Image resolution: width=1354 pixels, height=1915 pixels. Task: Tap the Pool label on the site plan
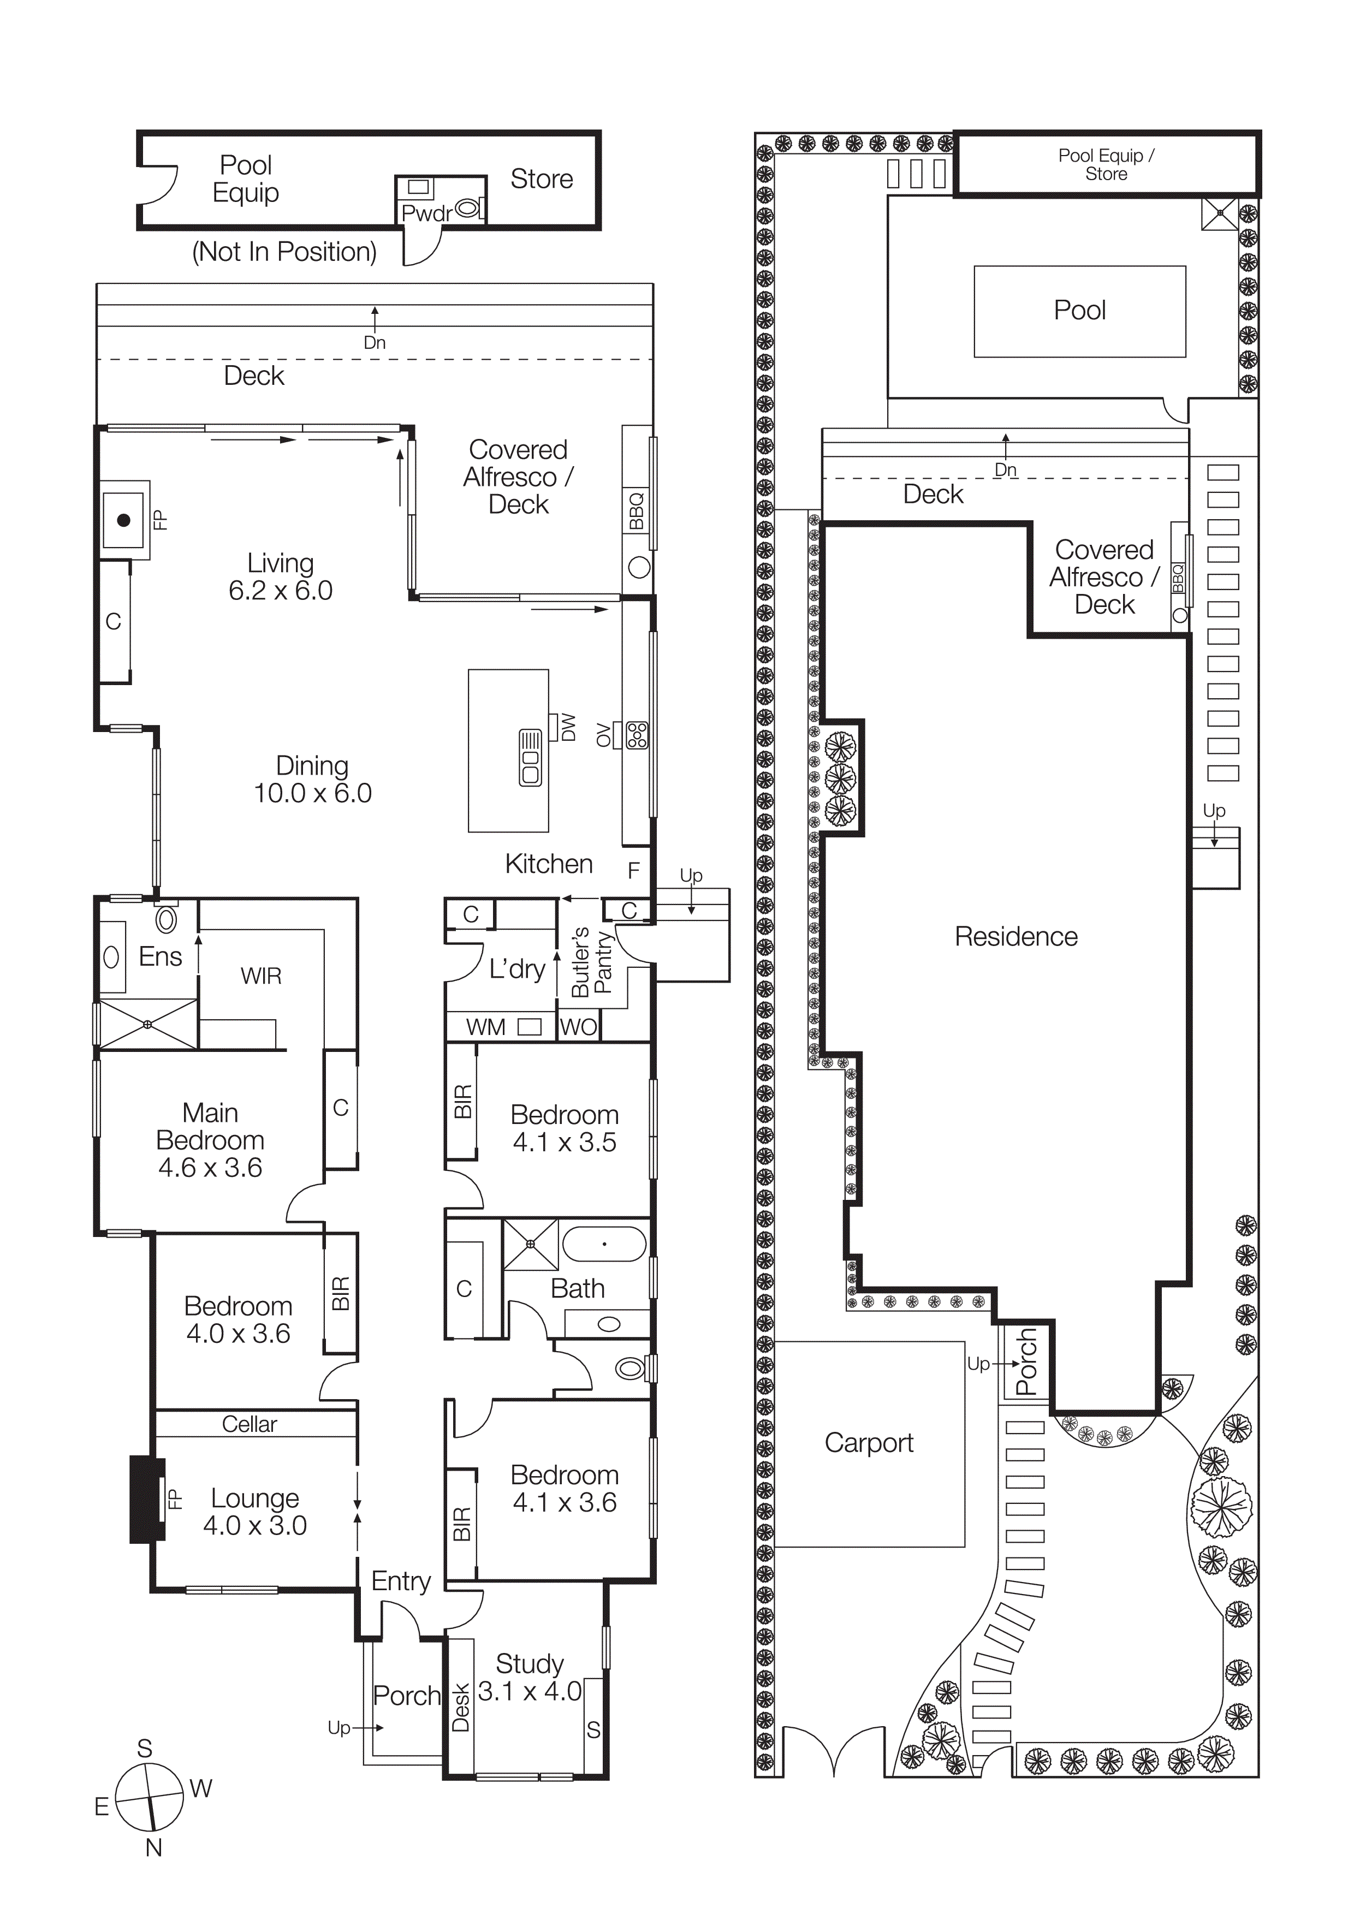tap(1079, 310)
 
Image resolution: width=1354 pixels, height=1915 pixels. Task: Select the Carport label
tap(869, 1442)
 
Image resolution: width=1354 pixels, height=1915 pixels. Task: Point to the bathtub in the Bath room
tap(604, 1244)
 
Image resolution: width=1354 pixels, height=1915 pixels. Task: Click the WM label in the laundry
tap(485, 1027)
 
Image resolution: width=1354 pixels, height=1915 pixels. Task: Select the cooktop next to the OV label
tap(637, 735)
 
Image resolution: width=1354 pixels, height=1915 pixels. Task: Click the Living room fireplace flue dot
tap(123, 520)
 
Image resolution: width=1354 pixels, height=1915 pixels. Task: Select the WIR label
tap(261, 976)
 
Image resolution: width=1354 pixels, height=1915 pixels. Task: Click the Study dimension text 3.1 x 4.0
tap(529, 1692)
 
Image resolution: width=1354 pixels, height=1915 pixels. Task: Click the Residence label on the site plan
tap(1016, 937)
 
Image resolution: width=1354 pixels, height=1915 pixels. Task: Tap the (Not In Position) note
tap(284, 251)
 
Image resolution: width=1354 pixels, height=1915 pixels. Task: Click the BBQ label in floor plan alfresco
tap(637, 510)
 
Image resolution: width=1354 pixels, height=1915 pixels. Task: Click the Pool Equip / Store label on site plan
tap(1106, 164)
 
